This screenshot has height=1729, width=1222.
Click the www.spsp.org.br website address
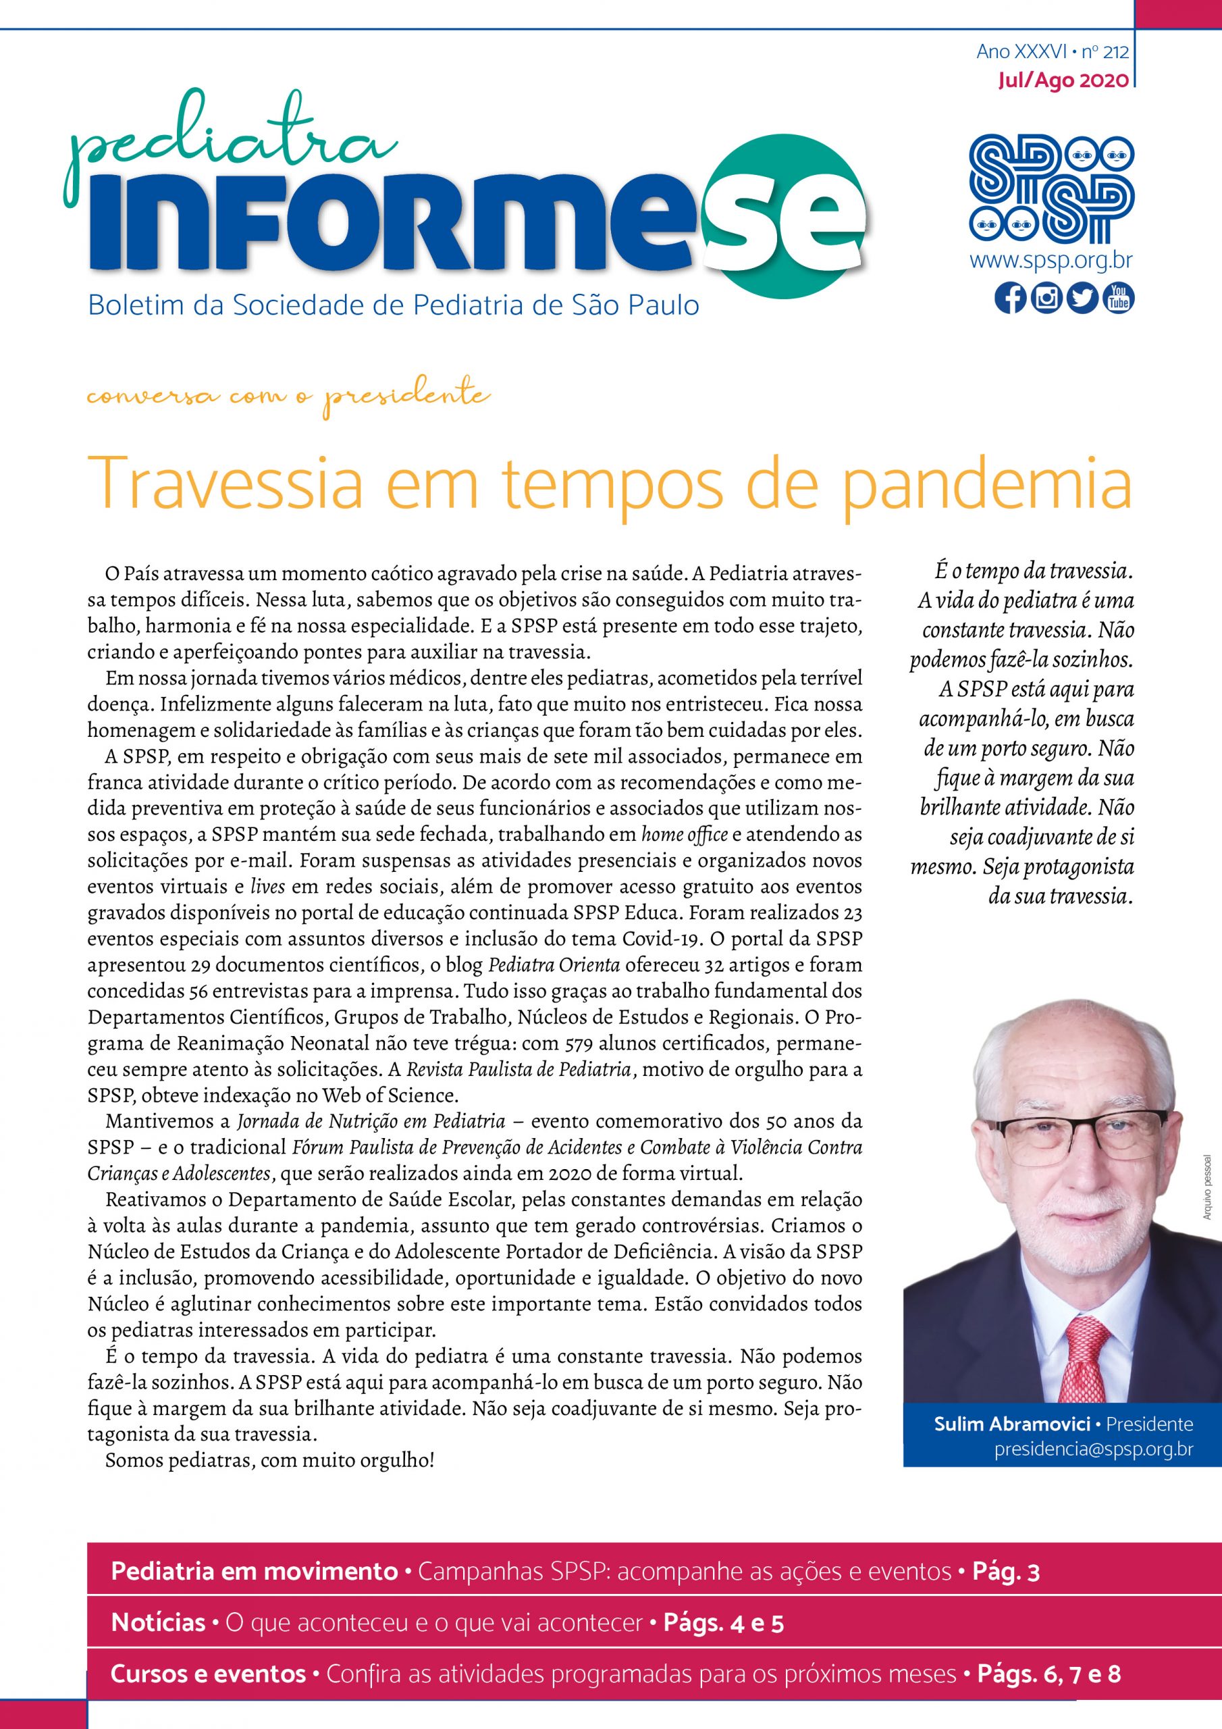1051,261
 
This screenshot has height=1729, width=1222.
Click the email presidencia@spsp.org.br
1093,1449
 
